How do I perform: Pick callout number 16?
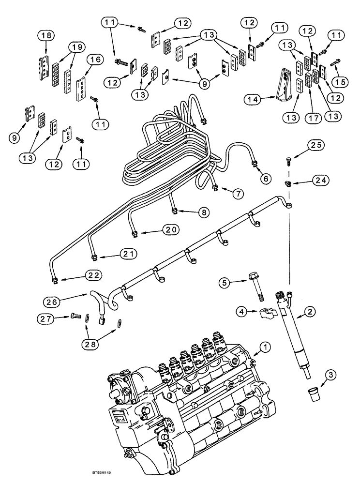[x=94, y=60]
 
